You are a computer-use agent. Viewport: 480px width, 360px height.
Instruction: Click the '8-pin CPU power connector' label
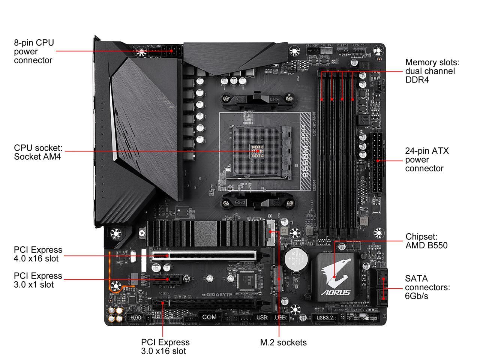pos(34,51)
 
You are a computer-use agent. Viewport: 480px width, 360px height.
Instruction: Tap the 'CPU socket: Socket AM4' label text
pos(38,152)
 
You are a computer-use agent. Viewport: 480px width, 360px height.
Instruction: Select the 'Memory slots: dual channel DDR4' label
pos(432,71)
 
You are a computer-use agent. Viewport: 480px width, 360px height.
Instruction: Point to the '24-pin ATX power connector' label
pos(426,159)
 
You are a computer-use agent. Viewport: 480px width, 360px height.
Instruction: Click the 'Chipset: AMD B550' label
pos(426,241)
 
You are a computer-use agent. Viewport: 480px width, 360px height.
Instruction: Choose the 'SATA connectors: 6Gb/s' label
pos(427,287)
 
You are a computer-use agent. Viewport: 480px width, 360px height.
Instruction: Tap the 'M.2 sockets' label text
pos(283,342)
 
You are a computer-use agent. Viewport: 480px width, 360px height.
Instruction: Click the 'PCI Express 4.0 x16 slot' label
pos(38,254)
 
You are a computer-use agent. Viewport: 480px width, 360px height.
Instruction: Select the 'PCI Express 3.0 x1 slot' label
pos(38,280)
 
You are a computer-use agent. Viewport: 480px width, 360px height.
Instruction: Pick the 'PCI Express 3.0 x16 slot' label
pos(165,346)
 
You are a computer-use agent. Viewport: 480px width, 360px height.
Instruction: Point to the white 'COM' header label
pos(209,317)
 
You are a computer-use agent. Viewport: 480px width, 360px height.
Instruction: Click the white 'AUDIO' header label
pos(134,317)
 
